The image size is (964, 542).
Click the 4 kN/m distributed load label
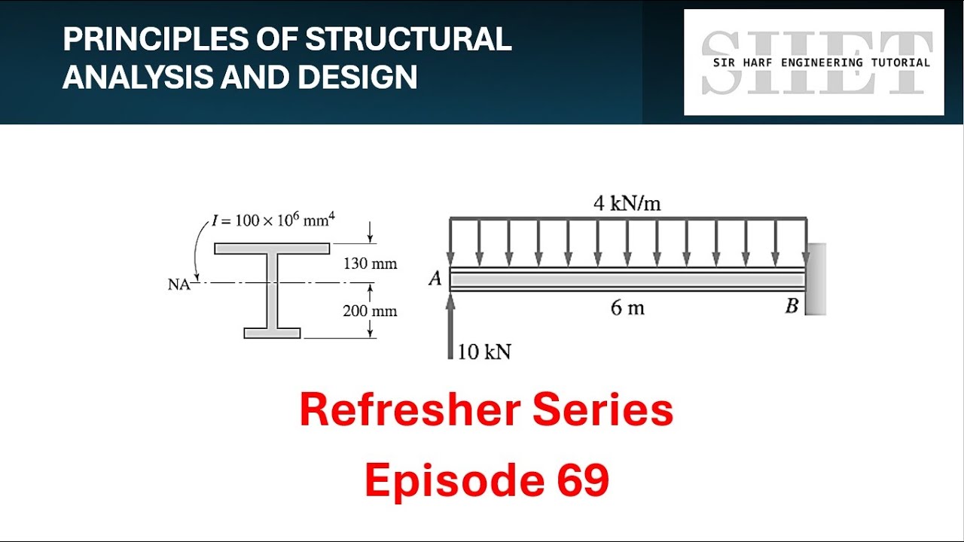(627, 204)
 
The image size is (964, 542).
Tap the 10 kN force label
(484, 352)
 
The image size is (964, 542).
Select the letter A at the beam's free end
(435, 279)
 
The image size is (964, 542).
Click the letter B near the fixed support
(792, 306)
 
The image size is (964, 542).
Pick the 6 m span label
(627, 308)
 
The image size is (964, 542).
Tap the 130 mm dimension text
(370, 264)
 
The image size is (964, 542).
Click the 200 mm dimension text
(370, 311)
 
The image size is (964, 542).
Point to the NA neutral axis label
(179, 285)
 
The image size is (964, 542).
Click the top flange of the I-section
(272, 248)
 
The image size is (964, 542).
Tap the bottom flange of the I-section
(272, 333)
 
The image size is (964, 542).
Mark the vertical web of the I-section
(272, 291)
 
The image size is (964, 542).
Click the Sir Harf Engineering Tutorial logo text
(821, 62)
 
